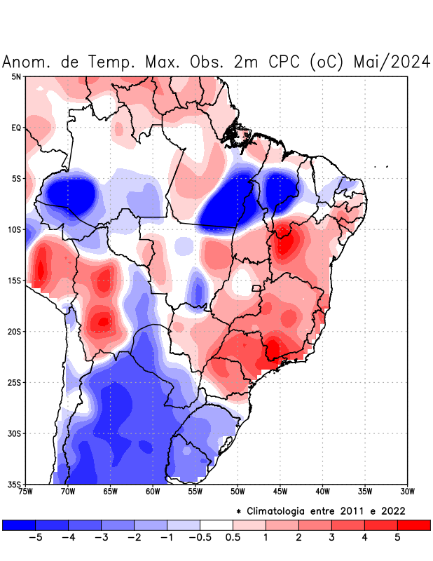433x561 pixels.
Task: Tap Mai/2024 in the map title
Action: [392, 62]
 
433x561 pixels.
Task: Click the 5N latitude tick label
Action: [16, 77]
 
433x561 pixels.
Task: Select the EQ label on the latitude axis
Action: [16, 128]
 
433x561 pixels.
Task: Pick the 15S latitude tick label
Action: [15, 281]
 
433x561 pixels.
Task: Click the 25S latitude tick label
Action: [15, 383]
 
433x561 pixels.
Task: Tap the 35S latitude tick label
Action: [15, 485]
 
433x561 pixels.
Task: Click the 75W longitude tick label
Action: [25, 492]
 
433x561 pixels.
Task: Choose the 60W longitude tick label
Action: [153, 492]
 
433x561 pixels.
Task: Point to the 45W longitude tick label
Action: [280, 492]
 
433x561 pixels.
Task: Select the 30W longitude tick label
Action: [407, 492]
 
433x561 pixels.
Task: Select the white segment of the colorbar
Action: [216, 525]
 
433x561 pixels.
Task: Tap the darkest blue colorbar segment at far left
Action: [19, 525]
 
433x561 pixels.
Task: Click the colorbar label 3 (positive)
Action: [331, 538]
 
